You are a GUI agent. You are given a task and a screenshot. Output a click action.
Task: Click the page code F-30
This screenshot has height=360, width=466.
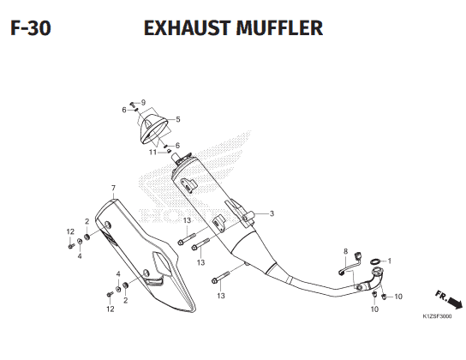click(31, 28)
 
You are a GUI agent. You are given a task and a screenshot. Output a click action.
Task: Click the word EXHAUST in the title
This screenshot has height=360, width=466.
click(188, 28)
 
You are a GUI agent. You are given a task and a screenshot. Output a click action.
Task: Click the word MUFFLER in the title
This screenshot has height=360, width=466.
click(279, 28)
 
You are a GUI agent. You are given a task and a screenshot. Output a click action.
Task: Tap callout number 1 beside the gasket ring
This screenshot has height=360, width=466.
click(390, 261)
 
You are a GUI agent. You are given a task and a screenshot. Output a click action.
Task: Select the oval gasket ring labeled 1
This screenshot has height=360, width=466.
click(375, 261)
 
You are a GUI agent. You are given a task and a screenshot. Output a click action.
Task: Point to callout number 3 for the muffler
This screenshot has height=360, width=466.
click(272, 213)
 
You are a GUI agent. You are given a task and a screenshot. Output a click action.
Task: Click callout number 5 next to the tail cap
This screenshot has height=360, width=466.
click(177, 119)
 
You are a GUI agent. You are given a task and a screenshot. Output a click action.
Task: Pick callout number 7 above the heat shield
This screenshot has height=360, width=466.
click(113, 189)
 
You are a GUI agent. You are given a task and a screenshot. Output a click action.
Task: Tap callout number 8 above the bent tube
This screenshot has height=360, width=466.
click(345, 251)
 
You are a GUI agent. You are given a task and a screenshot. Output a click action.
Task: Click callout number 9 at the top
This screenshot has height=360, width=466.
click(143, 103)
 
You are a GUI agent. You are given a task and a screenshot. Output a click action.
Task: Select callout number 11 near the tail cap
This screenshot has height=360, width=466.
click(152, 153)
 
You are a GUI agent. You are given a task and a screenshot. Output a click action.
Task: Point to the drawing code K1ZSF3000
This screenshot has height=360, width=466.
click(437, 316)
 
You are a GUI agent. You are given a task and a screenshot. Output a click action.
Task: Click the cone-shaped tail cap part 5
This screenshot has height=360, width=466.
click(153, 129)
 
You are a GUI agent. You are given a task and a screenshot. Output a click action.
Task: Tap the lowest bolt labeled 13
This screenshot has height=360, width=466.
click(220, 277)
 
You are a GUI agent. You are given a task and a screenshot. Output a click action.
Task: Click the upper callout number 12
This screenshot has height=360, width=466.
click(70, 231)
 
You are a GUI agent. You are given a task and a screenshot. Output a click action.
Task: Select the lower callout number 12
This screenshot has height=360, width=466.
click(110, 309)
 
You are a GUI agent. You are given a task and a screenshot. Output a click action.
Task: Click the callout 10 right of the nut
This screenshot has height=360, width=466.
click(398, 297)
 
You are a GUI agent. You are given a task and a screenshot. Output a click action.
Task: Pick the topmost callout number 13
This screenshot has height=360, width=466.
click(187, 220)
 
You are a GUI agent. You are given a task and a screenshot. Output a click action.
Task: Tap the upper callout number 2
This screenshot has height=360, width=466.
click(87, 221)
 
